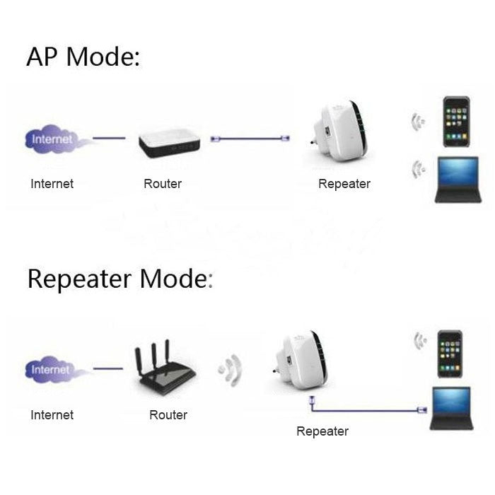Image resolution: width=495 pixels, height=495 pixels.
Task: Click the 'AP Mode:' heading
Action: point(83,57)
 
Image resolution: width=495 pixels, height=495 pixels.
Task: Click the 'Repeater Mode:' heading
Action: point(120,279)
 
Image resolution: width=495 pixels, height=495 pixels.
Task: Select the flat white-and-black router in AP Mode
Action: point(169,142)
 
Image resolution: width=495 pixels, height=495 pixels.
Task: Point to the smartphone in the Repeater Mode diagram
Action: point(450,353)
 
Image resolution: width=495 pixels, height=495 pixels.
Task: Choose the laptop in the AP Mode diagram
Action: point(458,180)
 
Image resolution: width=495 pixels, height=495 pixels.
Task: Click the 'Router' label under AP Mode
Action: point(163,184)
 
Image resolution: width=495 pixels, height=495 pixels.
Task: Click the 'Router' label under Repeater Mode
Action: point(168,415)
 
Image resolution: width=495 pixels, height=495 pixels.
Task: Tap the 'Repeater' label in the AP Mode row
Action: point(344,184)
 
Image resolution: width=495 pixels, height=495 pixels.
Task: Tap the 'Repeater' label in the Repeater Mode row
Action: point(322,431)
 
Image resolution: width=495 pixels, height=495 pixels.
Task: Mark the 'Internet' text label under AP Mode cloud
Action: point(52,184)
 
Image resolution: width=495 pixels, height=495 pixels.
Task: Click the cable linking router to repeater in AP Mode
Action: point(248,139)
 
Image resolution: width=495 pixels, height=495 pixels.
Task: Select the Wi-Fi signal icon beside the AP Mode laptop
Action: point(419,168)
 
